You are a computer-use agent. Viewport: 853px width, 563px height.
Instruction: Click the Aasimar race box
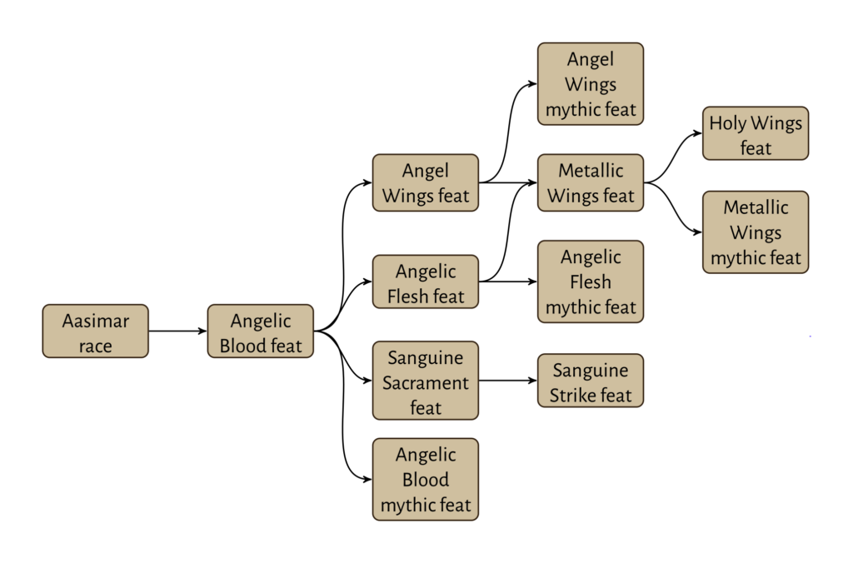(95, 331)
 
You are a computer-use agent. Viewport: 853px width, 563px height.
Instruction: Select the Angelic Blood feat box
(260, 331)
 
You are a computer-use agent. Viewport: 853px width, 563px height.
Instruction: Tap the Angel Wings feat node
(425, 182)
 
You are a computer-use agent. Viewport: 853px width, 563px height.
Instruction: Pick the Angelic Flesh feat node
(425, 282)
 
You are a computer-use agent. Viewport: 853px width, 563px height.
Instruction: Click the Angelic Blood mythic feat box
(425, 480)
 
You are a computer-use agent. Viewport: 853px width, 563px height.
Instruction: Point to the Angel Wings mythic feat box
(590, 84)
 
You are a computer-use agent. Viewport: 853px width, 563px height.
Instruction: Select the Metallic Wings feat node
(590, 182)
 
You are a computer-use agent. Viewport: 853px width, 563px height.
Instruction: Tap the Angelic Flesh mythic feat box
(590, 282)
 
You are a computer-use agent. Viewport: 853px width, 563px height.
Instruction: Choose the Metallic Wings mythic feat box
(755, 232)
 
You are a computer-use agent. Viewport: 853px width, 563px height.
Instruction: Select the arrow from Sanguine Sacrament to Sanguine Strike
(508, 381)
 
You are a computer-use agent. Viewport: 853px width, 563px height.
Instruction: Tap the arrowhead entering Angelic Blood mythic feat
(367, 479)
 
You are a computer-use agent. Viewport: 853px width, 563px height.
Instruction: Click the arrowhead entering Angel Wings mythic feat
(532, 84)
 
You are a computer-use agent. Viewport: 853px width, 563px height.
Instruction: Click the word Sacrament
(425, 383)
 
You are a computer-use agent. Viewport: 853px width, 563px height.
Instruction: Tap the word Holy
(726, 124)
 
